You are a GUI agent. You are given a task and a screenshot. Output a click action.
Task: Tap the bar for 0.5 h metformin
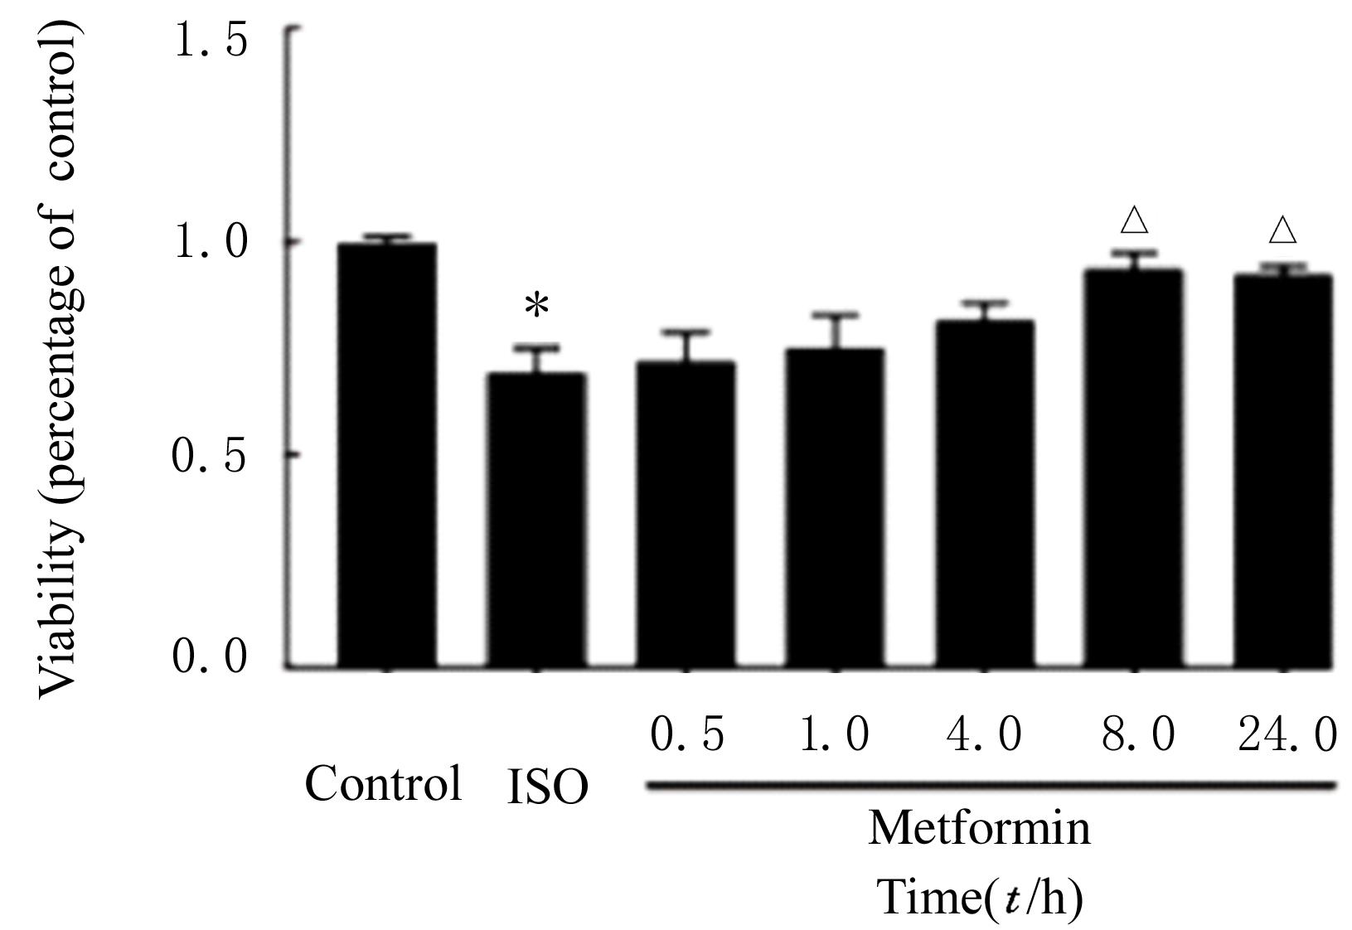(686, 514)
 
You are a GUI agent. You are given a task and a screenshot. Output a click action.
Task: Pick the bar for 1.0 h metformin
(835, 507)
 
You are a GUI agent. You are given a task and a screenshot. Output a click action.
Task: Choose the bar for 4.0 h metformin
(984, 493)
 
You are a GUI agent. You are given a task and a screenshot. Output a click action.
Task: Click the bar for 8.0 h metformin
(1133, 467)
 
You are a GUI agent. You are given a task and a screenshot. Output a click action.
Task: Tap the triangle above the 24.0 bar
(1282, 230)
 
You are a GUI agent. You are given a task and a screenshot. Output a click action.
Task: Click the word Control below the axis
(383, 782)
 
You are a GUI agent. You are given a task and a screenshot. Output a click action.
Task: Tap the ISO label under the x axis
(546, 788)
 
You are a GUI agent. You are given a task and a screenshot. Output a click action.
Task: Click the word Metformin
(979, 828)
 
